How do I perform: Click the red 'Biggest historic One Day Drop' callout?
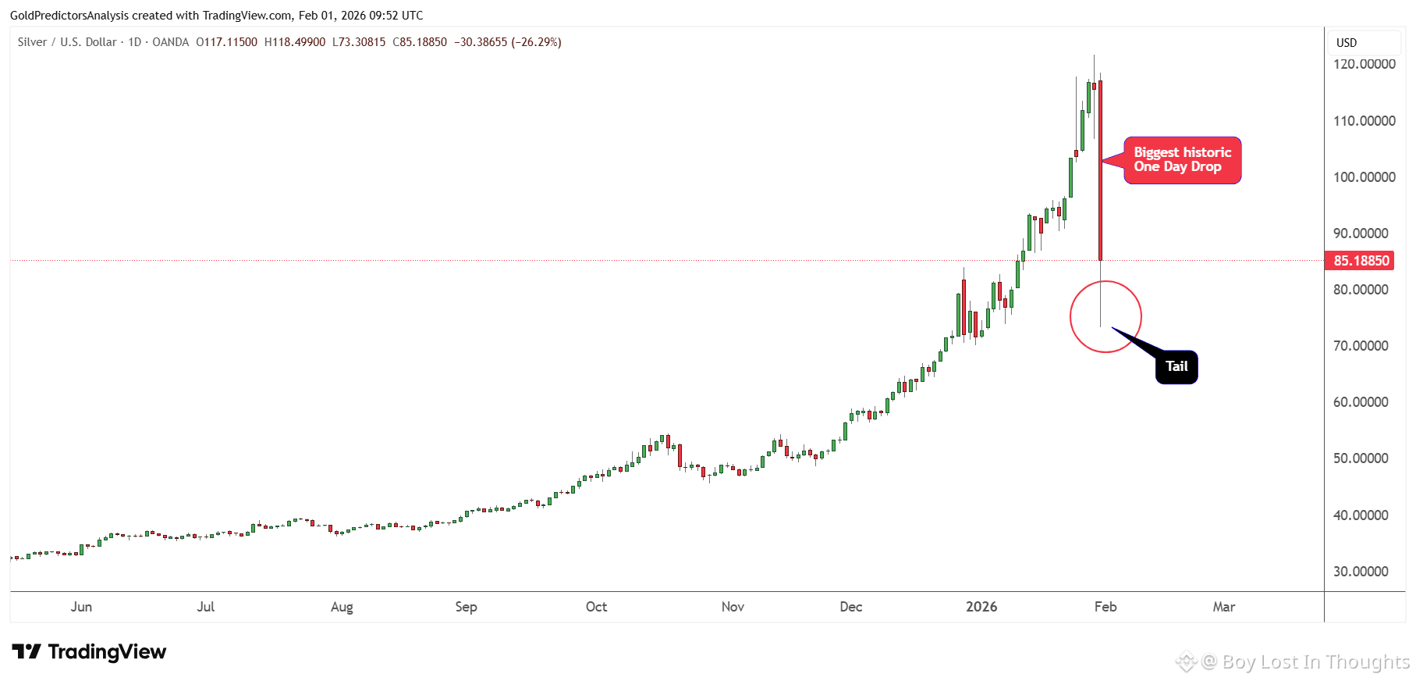[1182, 160]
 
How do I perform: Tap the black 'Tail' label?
[1176, 366]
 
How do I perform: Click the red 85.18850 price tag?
[1361, 261]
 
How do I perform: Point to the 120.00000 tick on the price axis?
[1364, 64]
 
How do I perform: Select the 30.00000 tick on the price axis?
[1361, 572]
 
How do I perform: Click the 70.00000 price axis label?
[1361, 346]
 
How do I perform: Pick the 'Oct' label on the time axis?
[596, 607]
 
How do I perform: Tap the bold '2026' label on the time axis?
[981, 607]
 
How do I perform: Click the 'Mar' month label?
[1223, 607]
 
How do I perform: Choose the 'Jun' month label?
[81, 607]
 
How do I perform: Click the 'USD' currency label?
[1347, 43]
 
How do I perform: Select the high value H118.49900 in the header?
[295, 42]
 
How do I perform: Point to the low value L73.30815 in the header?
[359, 42]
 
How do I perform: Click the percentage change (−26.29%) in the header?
[536, 42]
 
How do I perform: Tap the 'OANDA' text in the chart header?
[170, 42]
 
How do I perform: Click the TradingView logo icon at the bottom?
[27, 651]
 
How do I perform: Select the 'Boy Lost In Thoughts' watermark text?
[1315, 662]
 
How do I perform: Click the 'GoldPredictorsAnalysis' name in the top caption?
[69, 16]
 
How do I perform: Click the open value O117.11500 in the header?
[226, 42]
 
